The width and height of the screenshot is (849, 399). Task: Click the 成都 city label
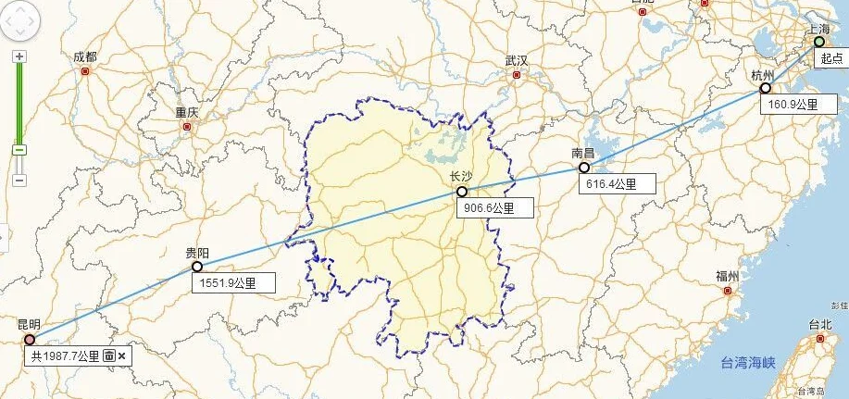pyautogui.click(x=84, y=57)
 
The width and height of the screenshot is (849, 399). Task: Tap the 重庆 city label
pyautogui.click(x=187, y=112)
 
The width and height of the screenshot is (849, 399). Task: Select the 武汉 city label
pyautogui.click(x=517, y=61)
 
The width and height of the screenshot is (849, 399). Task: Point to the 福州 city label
pyautogui.click(x=727, y=276)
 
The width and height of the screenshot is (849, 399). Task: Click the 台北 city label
pyautogui.click(x=820, y=324)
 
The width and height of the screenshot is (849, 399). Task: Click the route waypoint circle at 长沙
pyautogui.click(x=461, y=192)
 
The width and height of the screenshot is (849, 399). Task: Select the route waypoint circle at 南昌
pyautogui.click(x=584, y=168)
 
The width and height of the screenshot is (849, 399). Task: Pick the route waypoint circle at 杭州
pyautogui.click(x=765, y=88)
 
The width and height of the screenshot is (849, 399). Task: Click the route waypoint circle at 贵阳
pyautogui.click(x=196, y=267)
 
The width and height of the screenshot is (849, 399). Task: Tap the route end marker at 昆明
pyautogui.click(x=30, y=340)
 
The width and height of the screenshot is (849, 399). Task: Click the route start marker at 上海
pyautogui.click(x=818, y=42)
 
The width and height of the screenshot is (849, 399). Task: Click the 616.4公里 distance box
pyautogui.click(x=616, y=183)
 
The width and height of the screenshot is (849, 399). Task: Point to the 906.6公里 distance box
pyautogui.click(x=494, y=208)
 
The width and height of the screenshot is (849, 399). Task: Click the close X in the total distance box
pyautogui.click(x=121, y=355)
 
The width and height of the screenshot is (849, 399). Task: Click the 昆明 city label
pyautogui.click(x=29, y=325)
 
